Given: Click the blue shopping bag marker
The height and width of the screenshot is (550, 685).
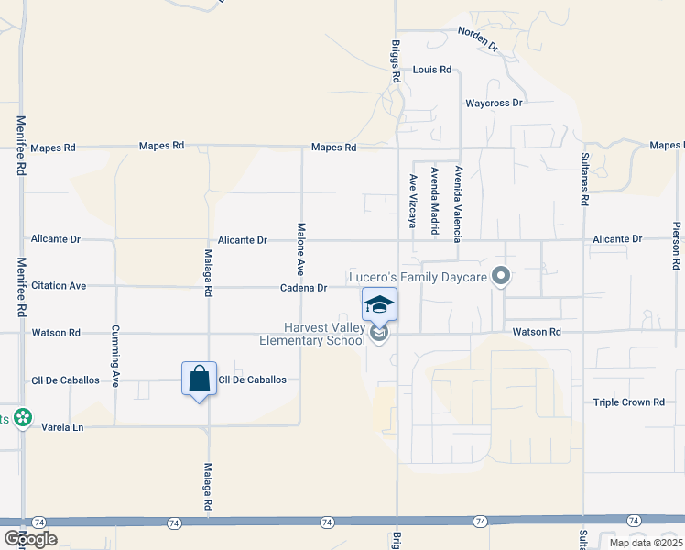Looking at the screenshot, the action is [199, 379].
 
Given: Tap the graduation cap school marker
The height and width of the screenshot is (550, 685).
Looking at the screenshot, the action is [379, 304].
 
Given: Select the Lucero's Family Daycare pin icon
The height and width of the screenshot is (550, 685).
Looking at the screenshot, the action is [500, 275].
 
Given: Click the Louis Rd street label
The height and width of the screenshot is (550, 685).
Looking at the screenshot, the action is [432, 70].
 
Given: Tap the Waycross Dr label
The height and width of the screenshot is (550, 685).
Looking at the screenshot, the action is [494, 104].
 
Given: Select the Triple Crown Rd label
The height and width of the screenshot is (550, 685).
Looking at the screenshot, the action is [628, 402].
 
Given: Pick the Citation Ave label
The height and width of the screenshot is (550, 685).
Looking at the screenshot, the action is [59, 286].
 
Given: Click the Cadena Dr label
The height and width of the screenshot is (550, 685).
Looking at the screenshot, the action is [304, 288].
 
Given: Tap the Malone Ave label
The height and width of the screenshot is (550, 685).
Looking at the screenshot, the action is [299, 249].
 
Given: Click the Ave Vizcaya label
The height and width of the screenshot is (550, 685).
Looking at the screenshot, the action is [413, 201].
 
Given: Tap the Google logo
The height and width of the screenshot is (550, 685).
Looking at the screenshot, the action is [30, 539].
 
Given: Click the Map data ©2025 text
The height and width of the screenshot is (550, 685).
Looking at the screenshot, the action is [645, 543].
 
